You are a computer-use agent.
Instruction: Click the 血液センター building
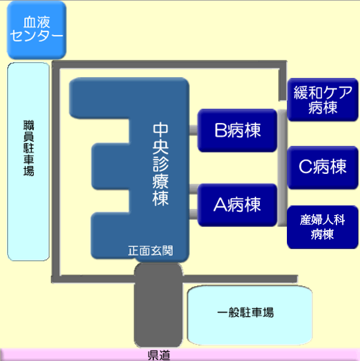37,30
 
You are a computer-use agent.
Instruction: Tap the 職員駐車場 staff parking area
28,162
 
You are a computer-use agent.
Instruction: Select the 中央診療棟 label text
161,165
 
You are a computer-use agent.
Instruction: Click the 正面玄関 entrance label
150,251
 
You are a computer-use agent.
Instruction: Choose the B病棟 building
237,130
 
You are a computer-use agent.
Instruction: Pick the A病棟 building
237,205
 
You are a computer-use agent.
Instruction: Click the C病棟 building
323,167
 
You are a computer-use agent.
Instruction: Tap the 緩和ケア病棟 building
323,100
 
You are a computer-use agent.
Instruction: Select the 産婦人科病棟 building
323,227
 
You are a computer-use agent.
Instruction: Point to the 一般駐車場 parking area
250,315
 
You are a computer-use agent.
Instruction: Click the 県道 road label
159,355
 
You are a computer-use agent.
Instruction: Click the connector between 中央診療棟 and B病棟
193,130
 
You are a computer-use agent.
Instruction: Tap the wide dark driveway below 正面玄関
158,305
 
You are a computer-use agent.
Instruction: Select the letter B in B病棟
220,130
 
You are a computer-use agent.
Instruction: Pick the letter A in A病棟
220,205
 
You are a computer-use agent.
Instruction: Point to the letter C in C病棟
306,167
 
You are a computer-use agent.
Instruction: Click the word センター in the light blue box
37,36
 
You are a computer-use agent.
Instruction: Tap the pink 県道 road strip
180,354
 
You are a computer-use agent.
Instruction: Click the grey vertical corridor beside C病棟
282,168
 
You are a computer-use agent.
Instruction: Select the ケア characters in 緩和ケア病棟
336,92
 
